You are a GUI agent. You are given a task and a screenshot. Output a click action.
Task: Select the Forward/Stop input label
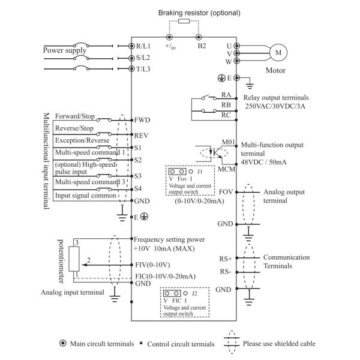(x=75, y=115)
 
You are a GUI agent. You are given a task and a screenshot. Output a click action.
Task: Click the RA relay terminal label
(x=226, y=95)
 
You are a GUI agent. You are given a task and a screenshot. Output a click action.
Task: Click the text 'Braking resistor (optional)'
(x=191, y=12)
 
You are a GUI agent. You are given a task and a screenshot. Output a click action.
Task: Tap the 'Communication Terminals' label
(x=286, y=261)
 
